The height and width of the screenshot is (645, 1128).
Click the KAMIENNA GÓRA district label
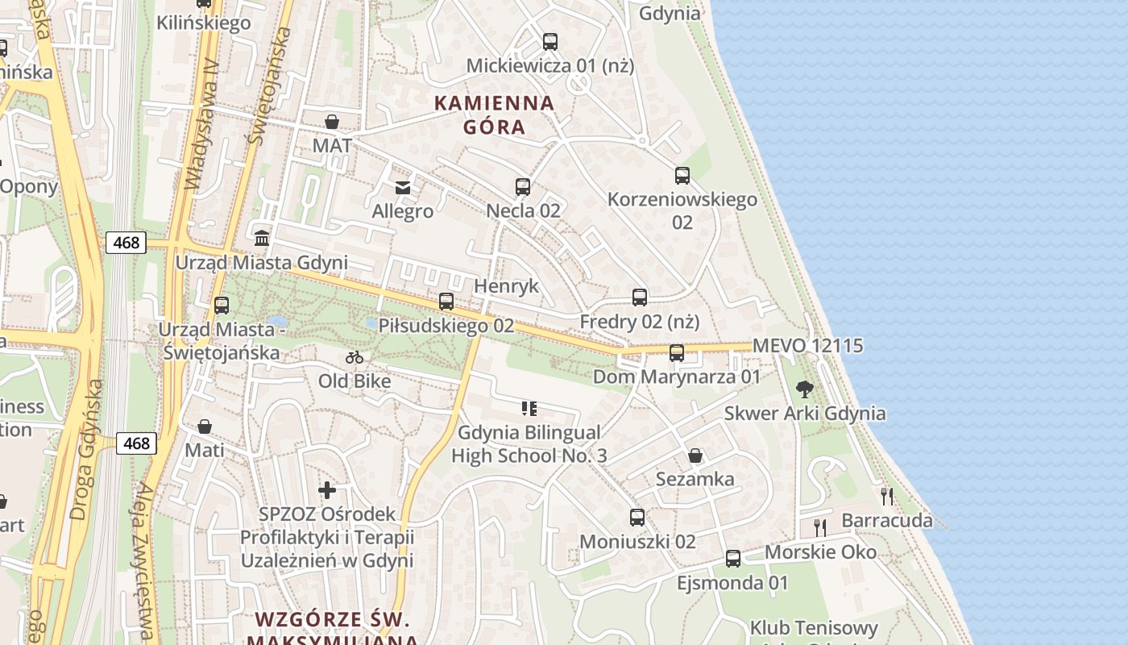pyautogui.click(x=495, y=114)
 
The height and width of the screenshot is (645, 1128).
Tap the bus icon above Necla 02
pyautogui.click(x=523, y=187)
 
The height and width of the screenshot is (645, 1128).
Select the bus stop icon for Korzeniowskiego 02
pyautogui.click(x=682, y=175)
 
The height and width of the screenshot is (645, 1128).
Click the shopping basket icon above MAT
pyautogui.click(x=332, y=122)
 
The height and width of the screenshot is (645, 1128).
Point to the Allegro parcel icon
pyautogui.click(x=402, y=188)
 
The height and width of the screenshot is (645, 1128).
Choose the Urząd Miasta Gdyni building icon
pyautogui.click(x=262, y=239)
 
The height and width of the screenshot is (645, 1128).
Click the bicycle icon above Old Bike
pyautogui.click(x=355, y=357)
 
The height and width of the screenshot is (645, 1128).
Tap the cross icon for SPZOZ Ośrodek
pyautogui.click(x=327, y=489)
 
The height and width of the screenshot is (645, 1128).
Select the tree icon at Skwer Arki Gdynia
pyautogui.click(x=804, y=389)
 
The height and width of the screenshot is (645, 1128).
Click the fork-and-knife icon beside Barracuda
pyautogui.click(x=887, y=496)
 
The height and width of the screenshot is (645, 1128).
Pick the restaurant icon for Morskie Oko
pyautogui.click(x=820, y=528)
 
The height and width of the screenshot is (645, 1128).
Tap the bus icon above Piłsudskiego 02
pyautogui.click(x=446, y=302)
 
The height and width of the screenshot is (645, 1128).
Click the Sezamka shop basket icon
pyautogui.click(x=695, y=456)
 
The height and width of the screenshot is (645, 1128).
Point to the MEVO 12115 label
pyautogui.click(x=807, y=346)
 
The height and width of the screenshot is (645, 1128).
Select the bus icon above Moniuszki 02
pyautogui.click(x=637, y=517)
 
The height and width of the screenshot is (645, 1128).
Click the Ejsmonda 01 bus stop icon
pyautogui.click(x=733, y=558)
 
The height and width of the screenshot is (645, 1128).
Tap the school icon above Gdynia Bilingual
pyautogui.click(x=529, y=409)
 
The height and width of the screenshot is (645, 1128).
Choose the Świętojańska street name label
pyautogui.click(x=269, y=86)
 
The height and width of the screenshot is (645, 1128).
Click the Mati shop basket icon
pyautogui.click(x=205, y=426)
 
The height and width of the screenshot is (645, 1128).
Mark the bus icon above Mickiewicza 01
pyautogui.click(x=550, y=41)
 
